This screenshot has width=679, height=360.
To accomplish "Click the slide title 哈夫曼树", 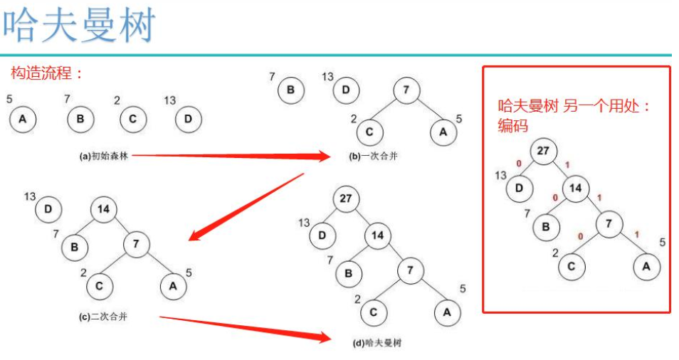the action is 78,26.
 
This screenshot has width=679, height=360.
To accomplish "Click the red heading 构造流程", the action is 47,73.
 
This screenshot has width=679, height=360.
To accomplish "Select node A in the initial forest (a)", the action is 23,119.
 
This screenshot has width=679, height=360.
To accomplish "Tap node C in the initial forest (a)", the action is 132,119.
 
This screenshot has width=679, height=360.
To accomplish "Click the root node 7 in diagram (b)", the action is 406,91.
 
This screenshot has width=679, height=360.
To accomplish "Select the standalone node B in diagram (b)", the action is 290,90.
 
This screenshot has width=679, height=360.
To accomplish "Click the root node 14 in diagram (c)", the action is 104,209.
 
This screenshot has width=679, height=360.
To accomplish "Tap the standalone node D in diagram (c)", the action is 48,209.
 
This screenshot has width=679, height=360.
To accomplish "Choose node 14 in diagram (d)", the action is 378,235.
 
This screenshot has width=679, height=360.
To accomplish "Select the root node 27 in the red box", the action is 543,151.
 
